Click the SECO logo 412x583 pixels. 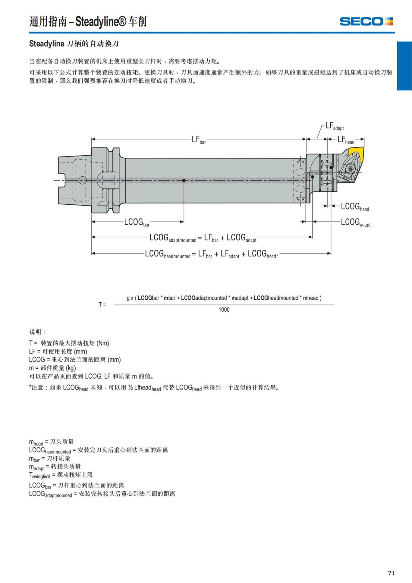tap(366, 21)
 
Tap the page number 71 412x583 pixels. tap(391, 573)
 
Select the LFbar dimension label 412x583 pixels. tap(198, 139)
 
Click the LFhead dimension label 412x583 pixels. tap(345, 139)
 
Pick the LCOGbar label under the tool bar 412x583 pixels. tap(137, 222)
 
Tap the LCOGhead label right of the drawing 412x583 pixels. tap(355, 207)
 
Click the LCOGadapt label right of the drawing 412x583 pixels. tap(355, 223)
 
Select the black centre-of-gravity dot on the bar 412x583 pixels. tap(184, 180)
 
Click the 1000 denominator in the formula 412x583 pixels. tap(224, 310)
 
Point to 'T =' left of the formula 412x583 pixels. tap(102, 304)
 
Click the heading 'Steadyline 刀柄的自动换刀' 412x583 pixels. tap(74, 44)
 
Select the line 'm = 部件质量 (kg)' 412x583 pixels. tap(52, 368)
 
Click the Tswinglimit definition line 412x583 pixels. tap(61, 475)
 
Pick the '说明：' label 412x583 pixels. tap(37, 332)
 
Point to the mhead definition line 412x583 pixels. tap(51, 442)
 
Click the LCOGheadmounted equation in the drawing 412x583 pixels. tap(211, 254)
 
